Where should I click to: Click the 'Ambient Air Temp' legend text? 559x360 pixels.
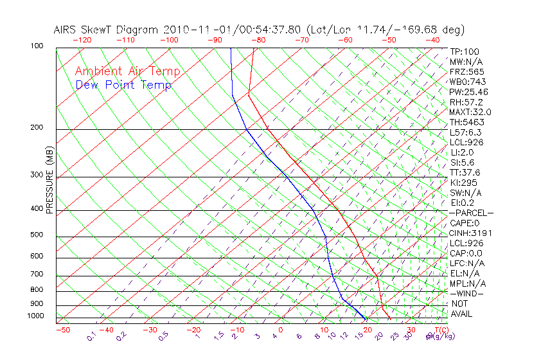point(127,71)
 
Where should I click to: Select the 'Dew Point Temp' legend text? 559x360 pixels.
point(123,85)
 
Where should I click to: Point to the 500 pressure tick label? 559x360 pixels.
point(36,235)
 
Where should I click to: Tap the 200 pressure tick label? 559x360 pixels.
point(36,128)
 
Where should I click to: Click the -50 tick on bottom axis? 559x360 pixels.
point(62,330)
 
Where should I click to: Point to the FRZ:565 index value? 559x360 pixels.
point(466,71)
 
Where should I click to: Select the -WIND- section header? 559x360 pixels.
point(466,293)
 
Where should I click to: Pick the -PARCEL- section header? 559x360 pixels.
point(471,213)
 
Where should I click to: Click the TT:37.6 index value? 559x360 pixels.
point(465,172)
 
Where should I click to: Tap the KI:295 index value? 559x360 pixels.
point(462,183)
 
